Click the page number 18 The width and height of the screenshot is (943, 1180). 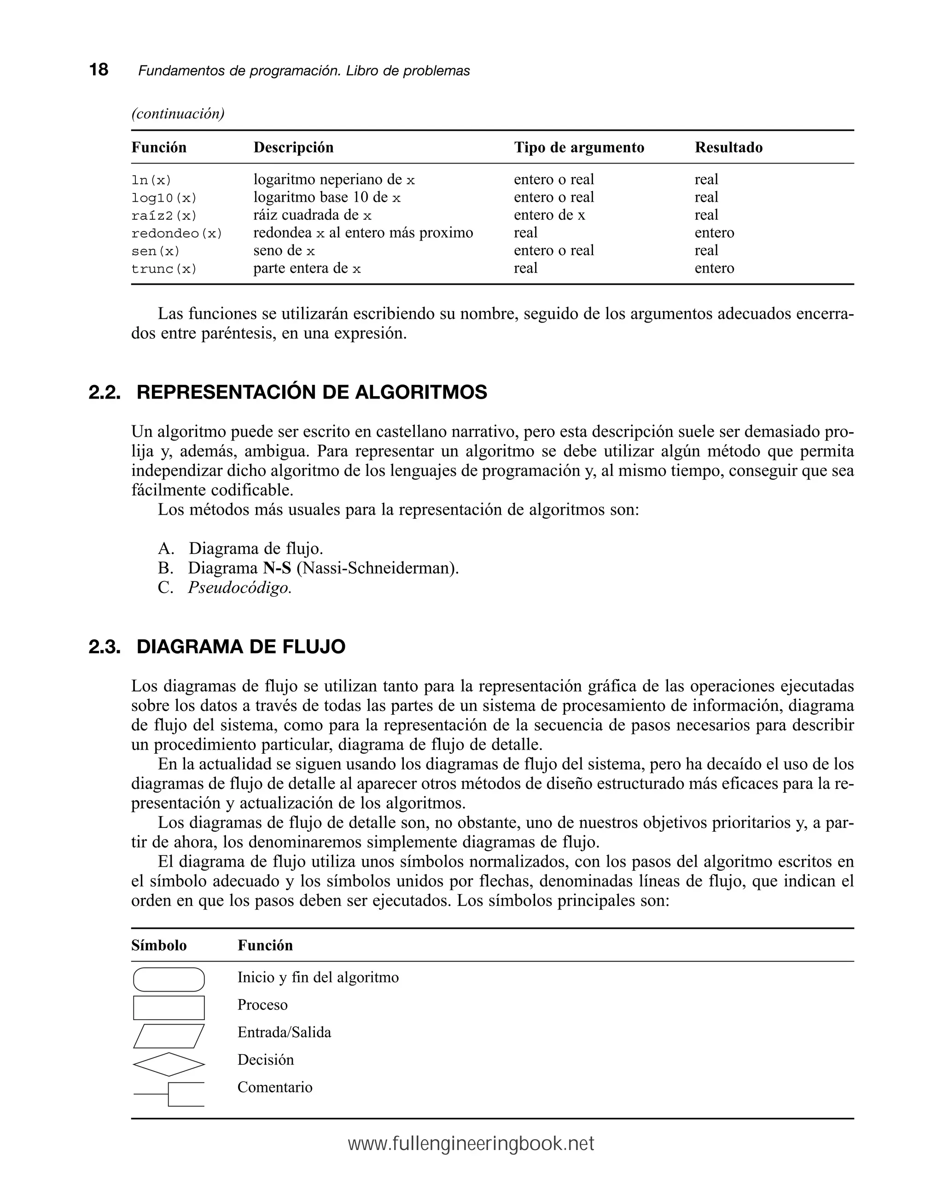click(x=99, y=70)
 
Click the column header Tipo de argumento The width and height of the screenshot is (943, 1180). click(x=579, y=147)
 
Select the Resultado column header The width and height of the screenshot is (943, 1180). click(x=728, y=147)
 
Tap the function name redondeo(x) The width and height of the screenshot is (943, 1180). click(x=177, y=233)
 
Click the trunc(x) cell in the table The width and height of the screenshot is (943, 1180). click(x=163, y=269)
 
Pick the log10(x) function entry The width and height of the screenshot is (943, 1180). click(x=163, y=198)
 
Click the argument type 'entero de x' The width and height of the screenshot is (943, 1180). click(x=549, y=215)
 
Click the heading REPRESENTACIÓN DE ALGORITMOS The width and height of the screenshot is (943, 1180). click(x=311, y=393)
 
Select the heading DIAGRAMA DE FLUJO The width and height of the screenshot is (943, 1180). click(x=241, y=646)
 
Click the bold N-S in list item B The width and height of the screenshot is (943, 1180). click(x=277, y=568)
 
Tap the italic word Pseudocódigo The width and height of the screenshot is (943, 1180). click(x=239, y=588)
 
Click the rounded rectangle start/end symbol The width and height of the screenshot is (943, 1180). click(x=169, y=980)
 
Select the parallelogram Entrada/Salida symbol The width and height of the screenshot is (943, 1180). click(x=169, y=1036)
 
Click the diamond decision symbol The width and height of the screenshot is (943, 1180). click(x=169, y=1064)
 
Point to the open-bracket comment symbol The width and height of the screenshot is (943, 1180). click(x=175, y=1094)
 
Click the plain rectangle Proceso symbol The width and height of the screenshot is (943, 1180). click(x=169, y=1008)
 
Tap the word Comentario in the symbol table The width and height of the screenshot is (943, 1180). click(x=274, y=1087)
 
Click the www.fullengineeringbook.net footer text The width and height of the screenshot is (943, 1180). click(x=471, y=1144)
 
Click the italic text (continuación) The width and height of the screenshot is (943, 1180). click(x=178, y=114)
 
